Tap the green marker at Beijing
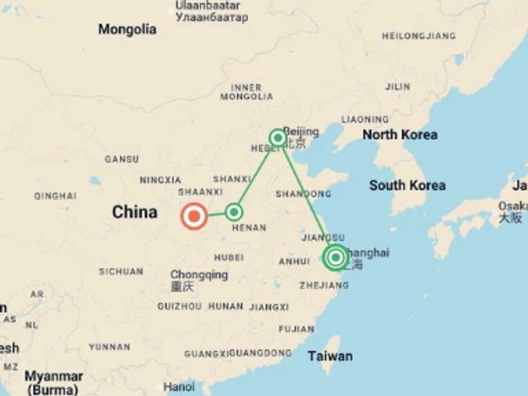(x=278, y=137)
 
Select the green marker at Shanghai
(x=335, y=258)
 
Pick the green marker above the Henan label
(x=234, y=211)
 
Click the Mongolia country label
(x=127, y=30)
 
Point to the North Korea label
(x=399, y=134)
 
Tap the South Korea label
(x=407, y=185)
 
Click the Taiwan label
(x=330, y=355)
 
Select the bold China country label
(x=135, y=212)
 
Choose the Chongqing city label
(x=199, y=275)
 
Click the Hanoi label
(x=178, y=386)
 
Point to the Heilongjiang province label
(x=419, y=36)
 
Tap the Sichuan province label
(x=120, y=272)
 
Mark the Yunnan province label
(x=109, y=347)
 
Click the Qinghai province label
(x=55, y=196)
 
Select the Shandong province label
(x=303, y=194)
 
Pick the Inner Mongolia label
(x=246, y=92)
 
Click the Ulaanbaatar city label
(x=208, y=5)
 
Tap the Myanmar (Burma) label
(x=54, y=383)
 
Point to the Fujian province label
(x=297, y=329)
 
